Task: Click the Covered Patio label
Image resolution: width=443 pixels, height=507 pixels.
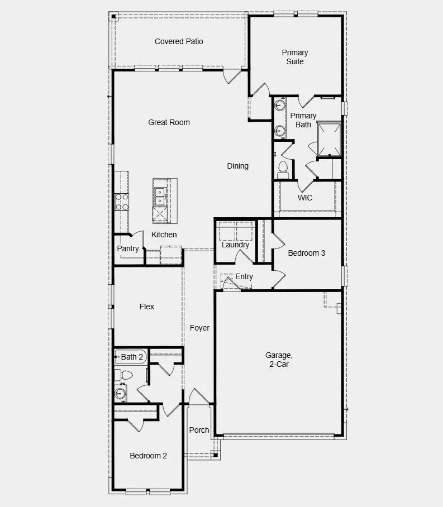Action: tap(179, 41)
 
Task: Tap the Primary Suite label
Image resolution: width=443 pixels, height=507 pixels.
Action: tap(295, 57)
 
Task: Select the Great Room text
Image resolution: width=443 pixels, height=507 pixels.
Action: tap(169, 122)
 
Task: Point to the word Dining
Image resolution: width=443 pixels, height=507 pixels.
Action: tap(237, 166)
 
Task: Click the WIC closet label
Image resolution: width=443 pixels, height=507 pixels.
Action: tap(305, 198)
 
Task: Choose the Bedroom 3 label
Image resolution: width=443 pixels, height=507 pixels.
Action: tap(306, 253)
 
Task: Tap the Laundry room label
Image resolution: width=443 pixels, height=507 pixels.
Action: tap(235, 245)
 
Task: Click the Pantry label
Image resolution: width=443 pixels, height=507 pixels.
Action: tap(128, 248)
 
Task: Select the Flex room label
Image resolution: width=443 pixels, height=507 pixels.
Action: tap(146, 307)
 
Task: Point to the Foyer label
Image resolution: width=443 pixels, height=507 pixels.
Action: tap(199, 328)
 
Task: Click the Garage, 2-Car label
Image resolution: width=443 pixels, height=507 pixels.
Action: tap(278, 360)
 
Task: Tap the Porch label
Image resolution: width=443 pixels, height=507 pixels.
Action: tap(199, 430)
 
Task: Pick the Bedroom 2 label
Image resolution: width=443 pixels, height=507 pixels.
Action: tap(148, 456)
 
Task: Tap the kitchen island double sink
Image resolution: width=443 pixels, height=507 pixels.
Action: tap(160, 195)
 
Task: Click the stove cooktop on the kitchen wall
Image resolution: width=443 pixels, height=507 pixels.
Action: tap(121, 202)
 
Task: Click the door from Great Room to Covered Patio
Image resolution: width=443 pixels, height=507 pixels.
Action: tap(232, 76)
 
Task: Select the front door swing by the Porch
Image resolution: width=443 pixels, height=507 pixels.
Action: tap(198, 397)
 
